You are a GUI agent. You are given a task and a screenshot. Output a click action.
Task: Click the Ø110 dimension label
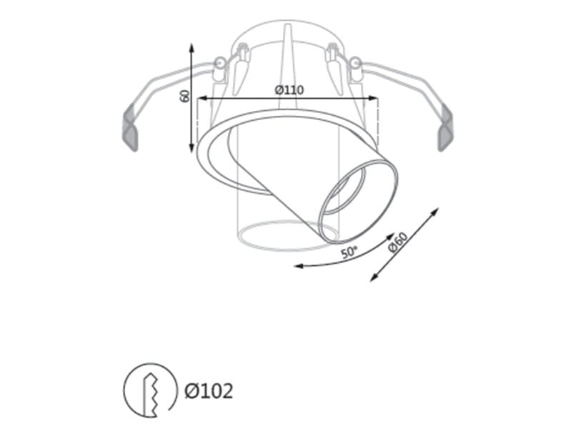tap(289, 90)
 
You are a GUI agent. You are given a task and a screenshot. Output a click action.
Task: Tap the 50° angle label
tap(349, 252)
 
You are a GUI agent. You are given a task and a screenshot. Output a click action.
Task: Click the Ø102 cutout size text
tap(209, 391)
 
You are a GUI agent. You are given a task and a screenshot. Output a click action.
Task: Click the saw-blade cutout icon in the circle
tap(150, 390)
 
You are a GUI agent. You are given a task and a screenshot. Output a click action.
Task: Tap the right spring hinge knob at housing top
tap(353, 64)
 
